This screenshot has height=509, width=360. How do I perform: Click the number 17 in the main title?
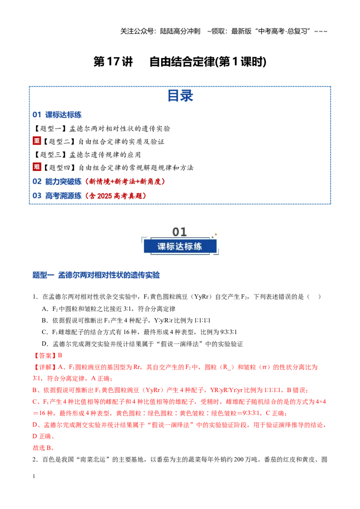click(x=113, y=61)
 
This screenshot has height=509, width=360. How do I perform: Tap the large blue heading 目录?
click(x=180, y=96)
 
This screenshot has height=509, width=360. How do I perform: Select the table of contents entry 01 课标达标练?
click(x=57, y=115)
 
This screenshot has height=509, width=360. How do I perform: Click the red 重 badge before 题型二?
click(x=37, y=141)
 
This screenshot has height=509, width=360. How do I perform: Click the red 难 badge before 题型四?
click(x=37, y=167)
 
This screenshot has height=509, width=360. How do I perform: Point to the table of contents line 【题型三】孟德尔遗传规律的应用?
click(x=87, y=155)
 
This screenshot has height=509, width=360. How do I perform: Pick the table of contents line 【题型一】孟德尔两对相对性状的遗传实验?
click(x=102, y=129)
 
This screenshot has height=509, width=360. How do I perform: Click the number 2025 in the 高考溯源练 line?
click(x=104, y=196)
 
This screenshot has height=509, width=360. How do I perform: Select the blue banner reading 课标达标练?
click(x=180, y=246)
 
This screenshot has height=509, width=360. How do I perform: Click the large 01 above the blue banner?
click(x=180, y=232)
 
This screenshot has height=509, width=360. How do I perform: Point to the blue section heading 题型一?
click(x=43, y=275)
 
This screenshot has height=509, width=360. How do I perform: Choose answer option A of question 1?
click(x=108, y=309)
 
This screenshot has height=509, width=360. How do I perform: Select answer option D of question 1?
click(x=142, y=344)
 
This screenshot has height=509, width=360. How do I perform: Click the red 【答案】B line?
click(x=47, y=356)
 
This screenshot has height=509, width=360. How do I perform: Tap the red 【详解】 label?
click(x=45, y=367)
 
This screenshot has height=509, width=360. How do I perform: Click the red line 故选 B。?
click(x=44, y=448)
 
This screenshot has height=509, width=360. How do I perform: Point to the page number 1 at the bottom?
click(x=34, y=476)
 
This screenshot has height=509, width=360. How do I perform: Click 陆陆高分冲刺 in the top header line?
click(x=180, y=31)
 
